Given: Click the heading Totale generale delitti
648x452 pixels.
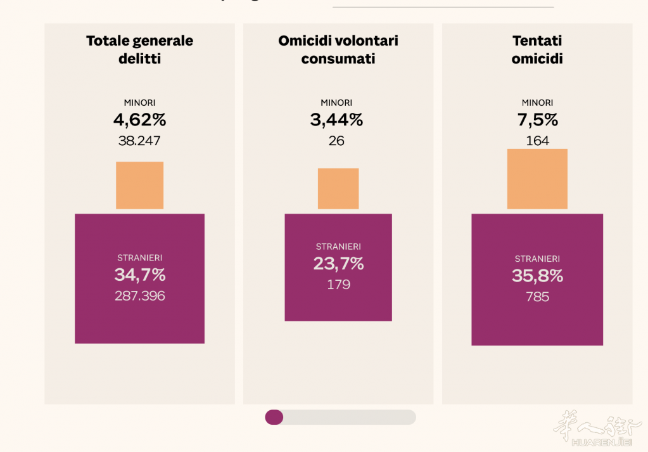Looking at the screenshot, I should click(139, 49).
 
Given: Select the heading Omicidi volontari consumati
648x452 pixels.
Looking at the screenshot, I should click(338, 49).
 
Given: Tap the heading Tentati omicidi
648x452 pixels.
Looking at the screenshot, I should click(537, 49).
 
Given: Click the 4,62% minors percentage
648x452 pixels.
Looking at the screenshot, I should click(139, 119).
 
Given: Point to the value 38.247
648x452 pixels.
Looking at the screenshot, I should click(139, 141).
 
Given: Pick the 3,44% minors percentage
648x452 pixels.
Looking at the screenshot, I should click(336, 119).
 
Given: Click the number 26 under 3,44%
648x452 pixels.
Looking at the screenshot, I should click(336, 141).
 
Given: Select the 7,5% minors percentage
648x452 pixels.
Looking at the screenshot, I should click(537, 119).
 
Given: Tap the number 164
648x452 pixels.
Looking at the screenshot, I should click(537, 141).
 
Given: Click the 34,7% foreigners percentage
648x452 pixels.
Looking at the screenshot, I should click(139, 275).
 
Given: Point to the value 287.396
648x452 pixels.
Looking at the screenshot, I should click(139, 295).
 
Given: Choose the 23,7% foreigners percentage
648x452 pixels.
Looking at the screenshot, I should click(338, 264).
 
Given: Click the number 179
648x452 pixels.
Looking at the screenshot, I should click(338, 285).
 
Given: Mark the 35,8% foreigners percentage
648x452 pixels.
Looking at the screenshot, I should click(537, 276).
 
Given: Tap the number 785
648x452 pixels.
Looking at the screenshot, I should click(537, 296).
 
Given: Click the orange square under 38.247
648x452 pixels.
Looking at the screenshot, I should click(139, 185).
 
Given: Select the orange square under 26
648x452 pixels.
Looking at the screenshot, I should click(338, 188).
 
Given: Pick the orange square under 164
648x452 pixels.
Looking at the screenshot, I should click(537, 179).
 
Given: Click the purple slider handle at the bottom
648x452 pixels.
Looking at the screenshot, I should click(274, 416).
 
